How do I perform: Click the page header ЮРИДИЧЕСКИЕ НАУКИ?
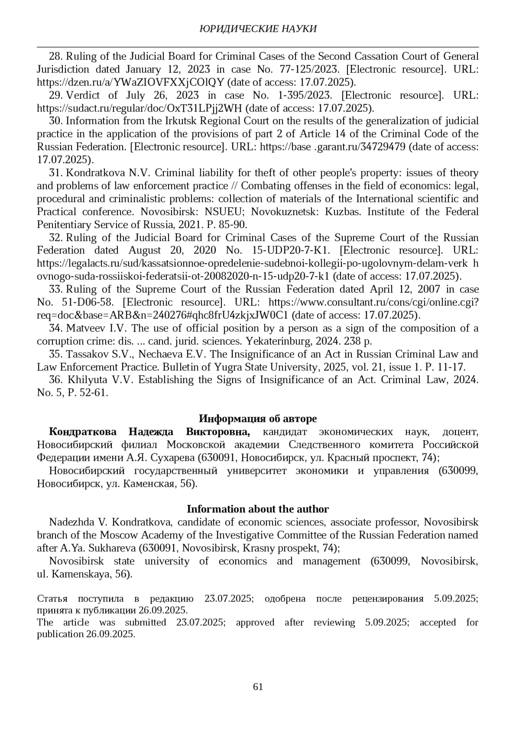(x=258, y=29)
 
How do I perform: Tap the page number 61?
(x=258, y=686)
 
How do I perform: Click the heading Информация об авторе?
(x=258, y=418)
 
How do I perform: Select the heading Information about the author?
(x=258, y=509)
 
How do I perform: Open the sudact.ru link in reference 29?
(x=140, y=108)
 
